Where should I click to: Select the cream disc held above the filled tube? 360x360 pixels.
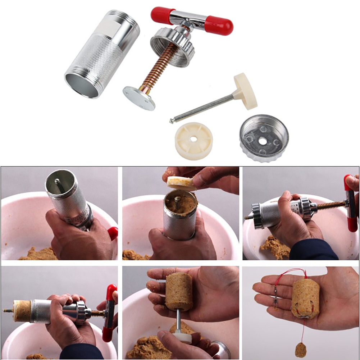click(x=181, y=183)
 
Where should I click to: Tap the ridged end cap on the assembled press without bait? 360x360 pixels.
click(x=258, y=216)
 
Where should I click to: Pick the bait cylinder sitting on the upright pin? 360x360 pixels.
click(x=179, y=291)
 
